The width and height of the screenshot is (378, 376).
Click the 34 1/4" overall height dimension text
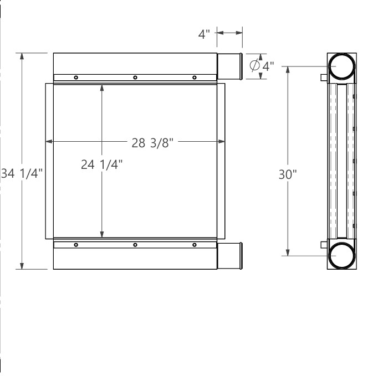[x=22, y=174]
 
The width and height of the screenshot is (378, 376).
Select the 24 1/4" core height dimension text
[x=101, y=164]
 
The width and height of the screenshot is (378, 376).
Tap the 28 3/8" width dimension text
[x=153, y=142]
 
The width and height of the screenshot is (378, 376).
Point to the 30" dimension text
[x=288, y=174]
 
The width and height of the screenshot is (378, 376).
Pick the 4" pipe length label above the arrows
[x=204, y=34]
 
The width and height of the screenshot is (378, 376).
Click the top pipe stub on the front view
[x=229, y=66]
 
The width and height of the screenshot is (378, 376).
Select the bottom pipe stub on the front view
[x=229, y=256]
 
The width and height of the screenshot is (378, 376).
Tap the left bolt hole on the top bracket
[x=76, y=78]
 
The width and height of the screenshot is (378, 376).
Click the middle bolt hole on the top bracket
[x=135, y=78]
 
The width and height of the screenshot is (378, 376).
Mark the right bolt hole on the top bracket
[x=194, y=78]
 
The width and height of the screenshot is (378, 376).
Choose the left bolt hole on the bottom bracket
[x=76, y=245]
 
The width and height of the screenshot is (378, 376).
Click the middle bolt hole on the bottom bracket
[x=135, y=245]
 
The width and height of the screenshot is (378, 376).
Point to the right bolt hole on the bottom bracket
[x=194, y=245]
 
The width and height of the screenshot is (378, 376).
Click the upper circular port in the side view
[x=342, y=66]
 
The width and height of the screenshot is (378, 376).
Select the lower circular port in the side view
[x=342, y=256]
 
